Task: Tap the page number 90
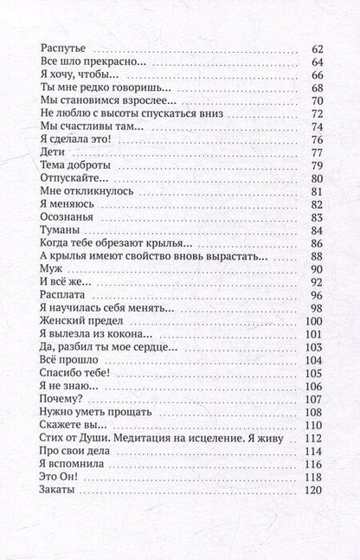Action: coord(315,269)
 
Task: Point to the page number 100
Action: coord(312,321)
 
